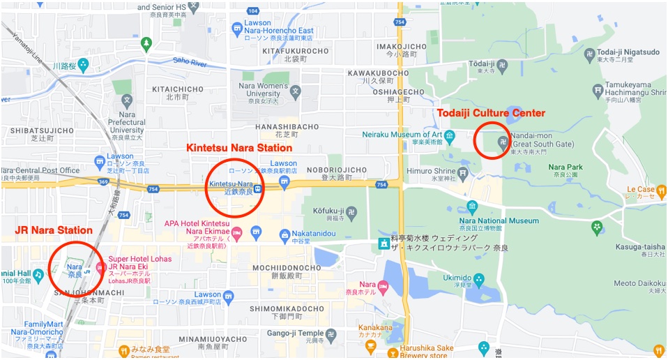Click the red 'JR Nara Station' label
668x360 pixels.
coord(54,230)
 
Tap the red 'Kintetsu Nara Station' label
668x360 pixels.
coord(239,148)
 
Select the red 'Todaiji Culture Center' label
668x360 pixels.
coord(491,113)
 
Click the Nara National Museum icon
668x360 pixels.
coord(472,207)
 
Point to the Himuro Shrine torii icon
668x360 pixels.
coord(463,172)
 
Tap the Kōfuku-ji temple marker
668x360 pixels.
coord(351,209)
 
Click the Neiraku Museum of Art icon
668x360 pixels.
coord(450,135)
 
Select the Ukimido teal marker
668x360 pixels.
coord(478,278)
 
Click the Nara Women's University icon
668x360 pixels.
coord(296,91)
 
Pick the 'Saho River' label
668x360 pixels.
coord(191,61)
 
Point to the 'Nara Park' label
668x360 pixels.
coord(565,167)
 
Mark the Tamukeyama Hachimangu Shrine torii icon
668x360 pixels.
coord(597,90)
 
